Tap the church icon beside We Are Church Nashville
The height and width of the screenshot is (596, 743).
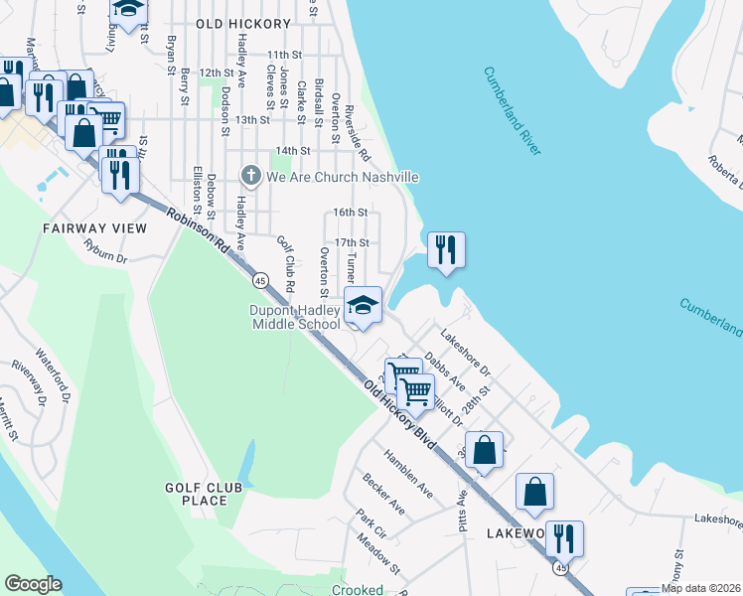(250, 177)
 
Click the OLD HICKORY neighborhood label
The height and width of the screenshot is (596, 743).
(243, 23)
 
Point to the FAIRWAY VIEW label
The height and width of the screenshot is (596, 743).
(94, 228)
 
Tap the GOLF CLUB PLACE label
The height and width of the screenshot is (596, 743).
(197, 494)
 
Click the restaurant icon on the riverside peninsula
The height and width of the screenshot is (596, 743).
(446, 248)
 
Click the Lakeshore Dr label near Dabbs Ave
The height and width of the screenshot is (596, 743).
(467, 353)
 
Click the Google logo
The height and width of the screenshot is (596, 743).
(32, 584)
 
